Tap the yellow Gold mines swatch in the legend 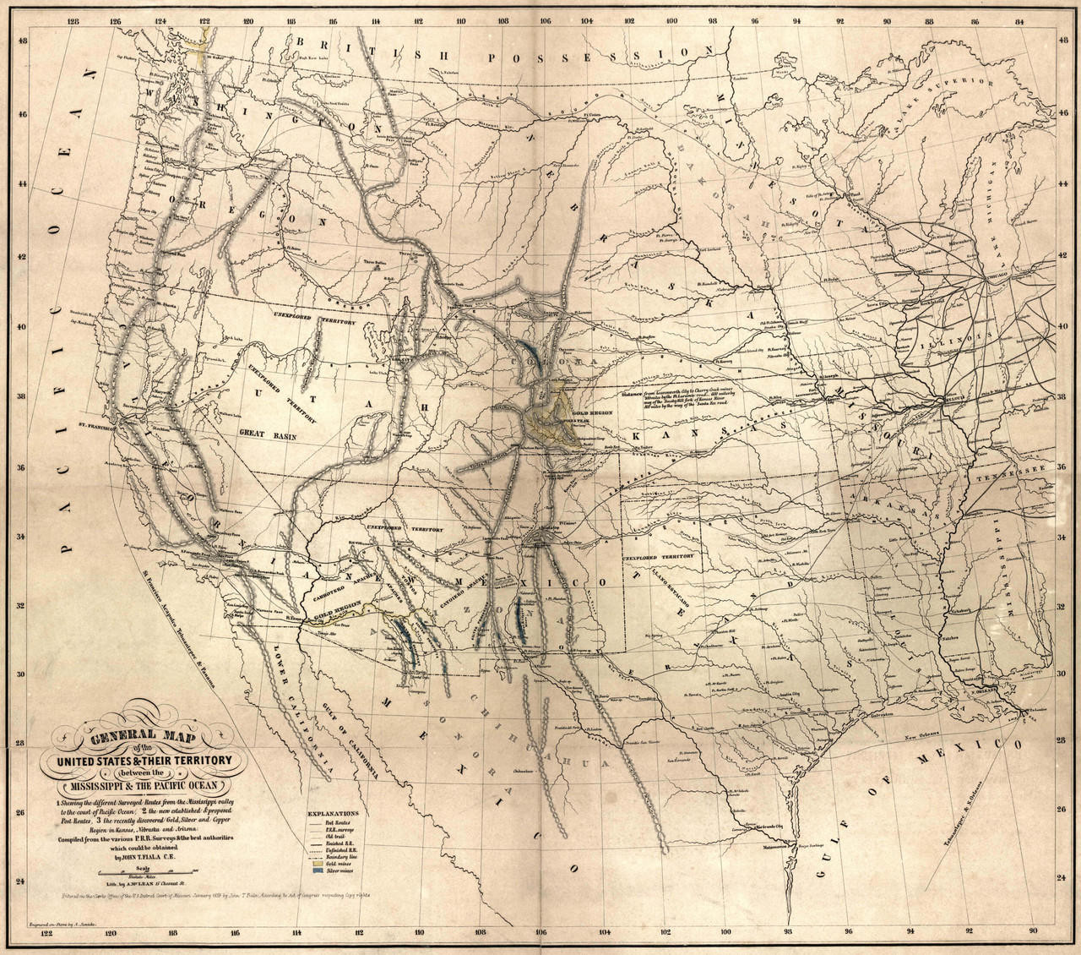tap(318, 864)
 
